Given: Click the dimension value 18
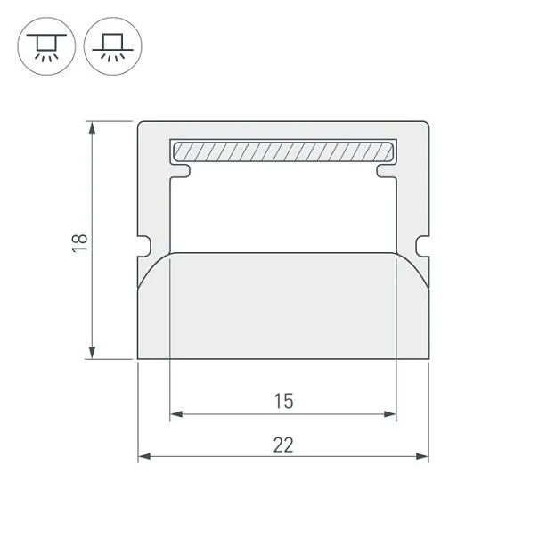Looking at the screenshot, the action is coord(79,243).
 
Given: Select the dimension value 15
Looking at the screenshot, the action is coord(284,402).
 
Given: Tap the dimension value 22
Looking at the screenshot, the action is coord(283,445).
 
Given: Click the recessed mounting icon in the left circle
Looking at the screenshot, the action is coord(46,46).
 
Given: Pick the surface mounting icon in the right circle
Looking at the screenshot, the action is coord(113,46).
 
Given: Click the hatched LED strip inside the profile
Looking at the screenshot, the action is coord(283,151).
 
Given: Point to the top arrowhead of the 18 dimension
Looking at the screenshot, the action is coord(92,127).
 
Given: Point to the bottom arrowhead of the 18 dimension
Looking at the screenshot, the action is coord(92,353).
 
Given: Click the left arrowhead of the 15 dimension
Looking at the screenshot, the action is coord(176,414).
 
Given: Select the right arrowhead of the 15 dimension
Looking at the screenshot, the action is coord(390,414).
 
